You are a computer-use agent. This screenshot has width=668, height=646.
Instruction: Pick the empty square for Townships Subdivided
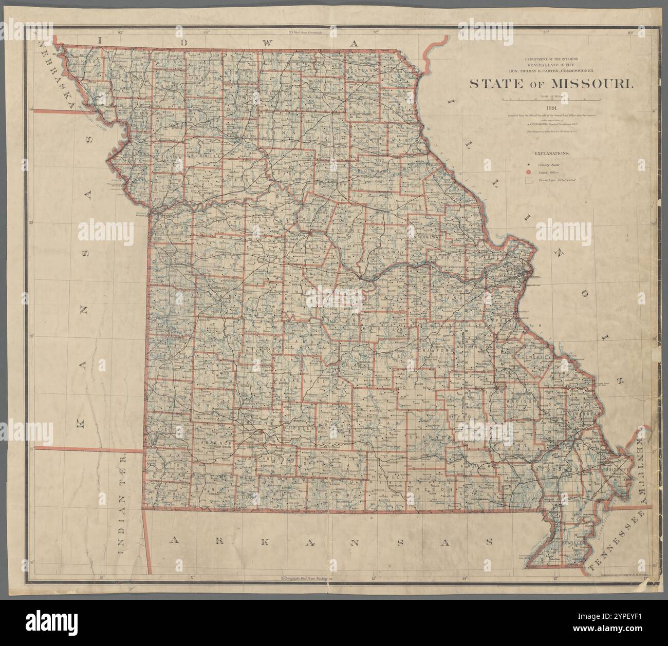tap(527, 181)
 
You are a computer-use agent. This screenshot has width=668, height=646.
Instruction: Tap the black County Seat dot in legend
tap(527, 164)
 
